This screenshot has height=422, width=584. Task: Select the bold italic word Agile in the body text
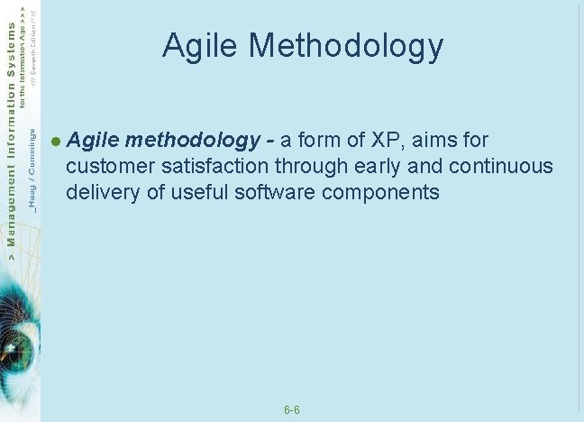pos(94,140)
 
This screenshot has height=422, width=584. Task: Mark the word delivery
pos(99,192)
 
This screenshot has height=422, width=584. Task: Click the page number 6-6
pos(292,410)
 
